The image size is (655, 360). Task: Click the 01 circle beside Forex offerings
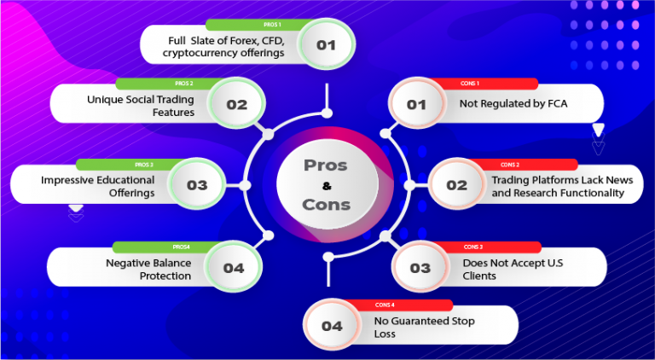coord(326,44)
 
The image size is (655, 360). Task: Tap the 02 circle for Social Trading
coord(236,105)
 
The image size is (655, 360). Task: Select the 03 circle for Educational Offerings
coord(196,184)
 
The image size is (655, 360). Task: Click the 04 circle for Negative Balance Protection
coord(233,268)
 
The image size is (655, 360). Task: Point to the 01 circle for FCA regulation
coord(416,105)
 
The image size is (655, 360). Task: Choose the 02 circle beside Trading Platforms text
coord(456,185)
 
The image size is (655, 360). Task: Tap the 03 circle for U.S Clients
coord(420,268)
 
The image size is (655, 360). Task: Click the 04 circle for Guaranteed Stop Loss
coord(332,326)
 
